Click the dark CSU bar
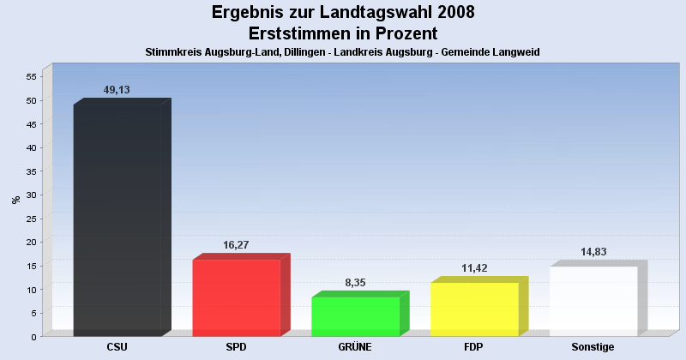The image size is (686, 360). tap(117, 220)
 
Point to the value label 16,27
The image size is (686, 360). tap(236, 245)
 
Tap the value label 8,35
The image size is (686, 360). tap(354, 283)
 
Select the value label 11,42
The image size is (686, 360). tap(473, 268)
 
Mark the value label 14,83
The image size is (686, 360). tap(593, 252)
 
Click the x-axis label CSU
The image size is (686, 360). tap(117, 347)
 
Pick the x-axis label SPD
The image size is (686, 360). tap(237, 347)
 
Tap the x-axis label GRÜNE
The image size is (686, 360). tap(355, 347)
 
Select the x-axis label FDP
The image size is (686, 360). tap(474, 347)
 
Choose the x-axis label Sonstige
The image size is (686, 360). tap(593, 347)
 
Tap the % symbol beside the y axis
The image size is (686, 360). tap(15, 200)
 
